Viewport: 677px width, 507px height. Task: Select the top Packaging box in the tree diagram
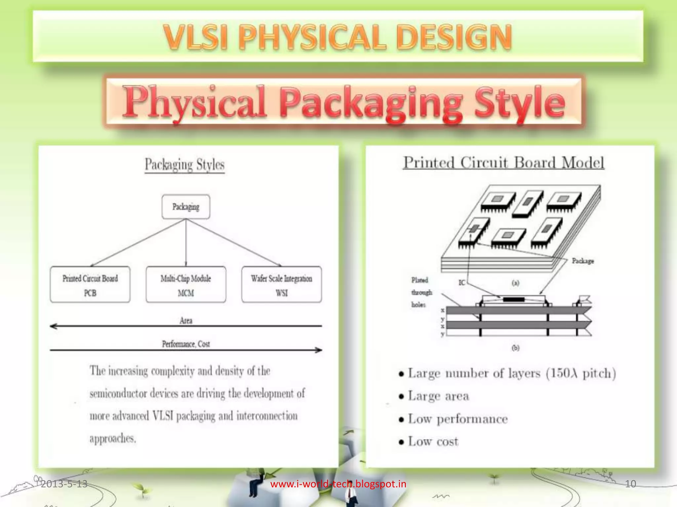[x=186, y=207]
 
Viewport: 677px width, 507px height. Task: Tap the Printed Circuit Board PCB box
[x=90, y=285]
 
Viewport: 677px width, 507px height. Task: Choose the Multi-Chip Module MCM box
[x=186, y=285]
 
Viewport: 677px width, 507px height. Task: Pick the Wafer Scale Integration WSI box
[x=281, y=285]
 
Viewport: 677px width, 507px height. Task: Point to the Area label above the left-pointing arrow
[x=186, y=321]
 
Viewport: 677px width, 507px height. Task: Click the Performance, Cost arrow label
[x=186, y=344]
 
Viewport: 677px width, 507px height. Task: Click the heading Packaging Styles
[x=184, y=164]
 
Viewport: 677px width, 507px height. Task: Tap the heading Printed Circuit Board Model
[x=503, y=163]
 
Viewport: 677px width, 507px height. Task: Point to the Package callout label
[x=583, y=261]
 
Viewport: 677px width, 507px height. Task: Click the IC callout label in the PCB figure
[x=462, y=283]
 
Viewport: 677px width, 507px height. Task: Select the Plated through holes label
[x=421, y=292]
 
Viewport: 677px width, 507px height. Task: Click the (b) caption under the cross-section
[x=515, y=348]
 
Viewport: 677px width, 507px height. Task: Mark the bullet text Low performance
[x=458, y=419]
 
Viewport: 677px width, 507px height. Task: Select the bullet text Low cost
[x=433, y=441]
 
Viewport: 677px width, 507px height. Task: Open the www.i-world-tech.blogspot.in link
[x=338, y=484]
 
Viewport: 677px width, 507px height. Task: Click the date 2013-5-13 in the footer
[x=64, y=484]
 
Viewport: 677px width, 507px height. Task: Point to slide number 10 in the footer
[x=630, y=484]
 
